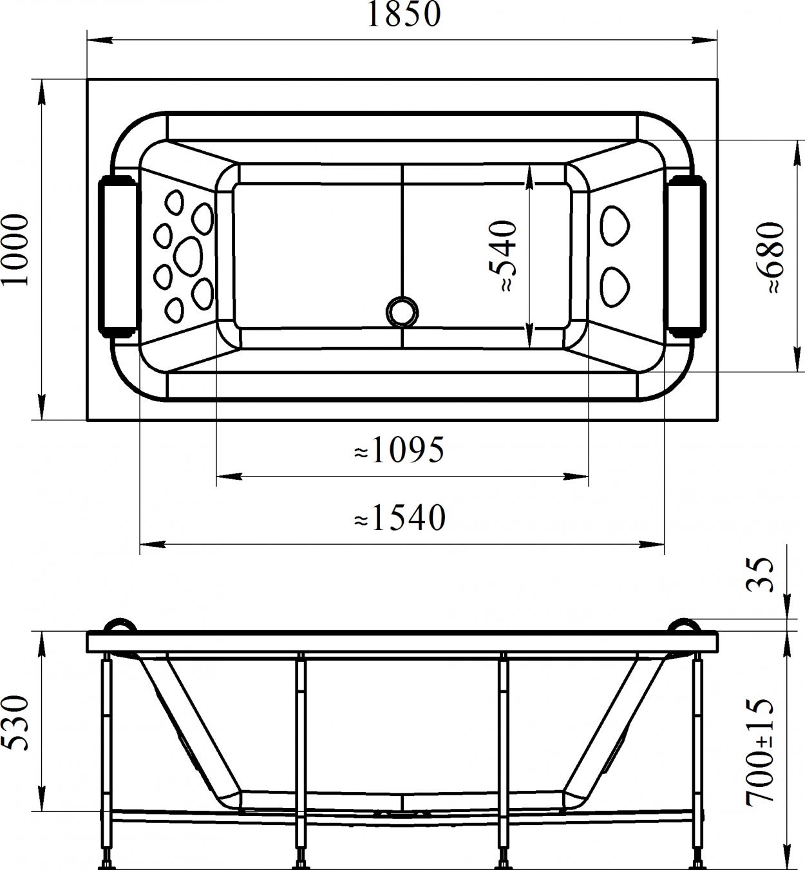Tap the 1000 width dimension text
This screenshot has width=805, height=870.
pyautogui.click(x=15, y=250)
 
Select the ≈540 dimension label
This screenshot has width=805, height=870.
pyautogui.click(x=504, y=256)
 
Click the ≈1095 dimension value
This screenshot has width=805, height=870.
pyautogui.click(x=399, y=449)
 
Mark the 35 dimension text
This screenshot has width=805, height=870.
pyautogui.click(x=760, y=575)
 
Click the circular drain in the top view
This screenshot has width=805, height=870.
pyautogui.click(x=402, y=312)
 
